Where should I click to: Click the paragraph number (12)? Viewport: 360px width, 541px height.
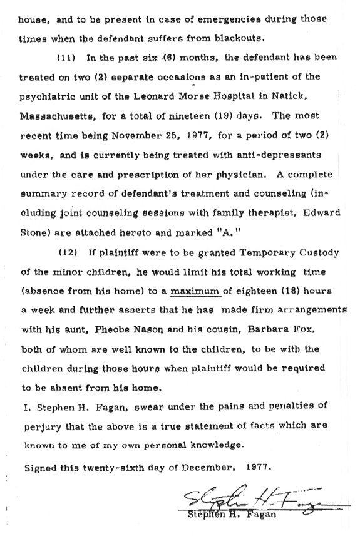pyautogui.click(x=66, y=252)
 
